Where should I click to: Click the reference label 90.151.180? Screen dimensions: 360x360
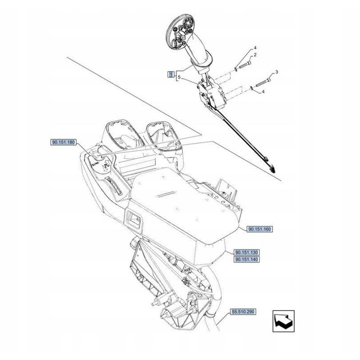click(63, 143)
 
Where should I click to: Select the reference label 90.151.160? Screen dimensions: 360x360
click(260, 229)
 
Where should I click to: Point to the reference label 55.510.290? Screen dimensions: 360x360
click(243, 311)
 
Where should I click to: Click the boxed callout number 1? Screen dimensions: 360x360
click(171, 74)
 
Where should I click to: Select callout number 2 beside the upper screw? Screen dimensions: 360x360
click(255, 55)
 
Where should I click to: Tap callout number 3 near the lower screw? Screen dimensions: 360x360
click(277, 72)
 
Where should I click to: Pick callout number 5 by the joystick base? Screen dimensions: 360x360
click(179, 78)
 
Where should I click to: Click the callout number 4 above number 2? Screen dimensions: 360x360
click(255, 48)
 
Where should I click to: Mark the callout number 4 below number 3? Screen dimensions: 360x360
click(263, 92)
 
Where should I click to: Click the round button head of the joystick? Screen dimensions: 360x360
click(180, 33)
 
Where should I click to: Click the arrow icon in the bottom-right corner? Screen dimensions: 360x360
click(284, 321)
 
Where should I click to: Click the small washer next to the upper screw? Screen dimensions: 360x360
click(236, 69)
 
